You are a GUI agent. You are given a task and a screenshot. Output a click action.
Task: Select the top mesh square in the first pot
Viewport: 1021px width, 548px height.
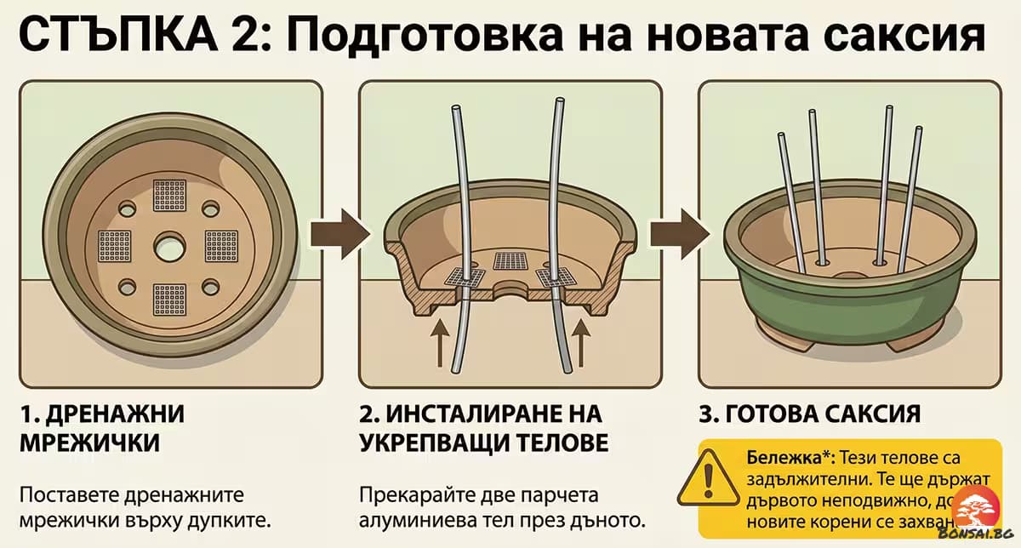pyautogui.click(x=169, y=195)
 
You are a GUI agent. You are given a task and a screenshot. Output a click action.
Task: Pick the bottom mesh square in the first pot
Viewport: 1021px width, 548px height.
pyautogui.click(x=169, y=300)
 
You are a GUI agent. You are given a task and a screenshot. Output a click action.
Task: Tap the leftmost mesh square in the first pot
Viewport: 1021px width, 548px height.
pyautogui.click(x=115, y=246)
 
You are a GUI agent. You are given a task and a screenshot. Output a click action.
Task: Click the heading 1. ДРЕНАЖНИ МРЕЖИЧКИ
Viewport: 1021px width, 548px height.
pyautogui.click(x=102, y=429)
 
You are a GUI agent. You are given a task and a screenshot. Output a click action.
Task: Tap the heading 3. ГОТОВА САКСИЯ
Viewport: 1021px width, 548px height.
pyautogui.click(x=808, y=414)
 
